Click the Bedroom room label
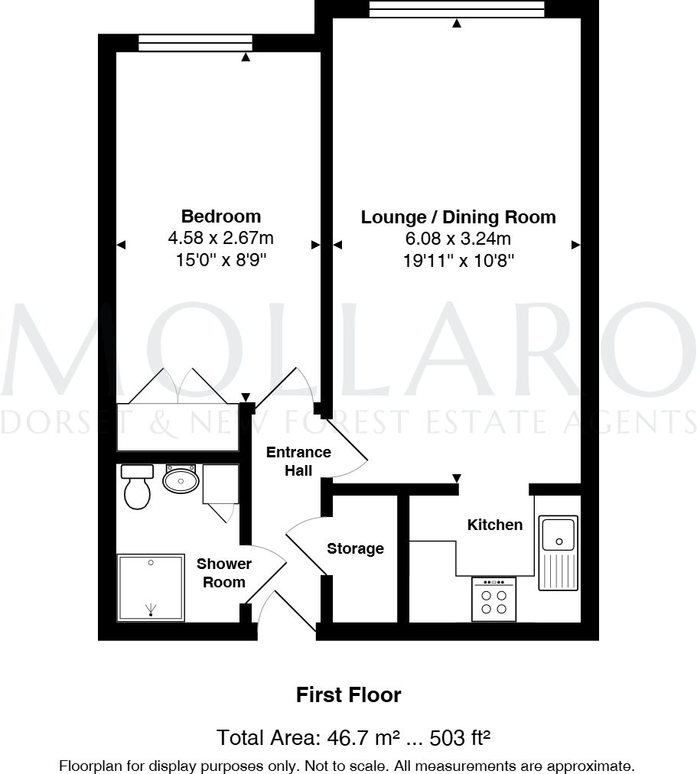pyautogui.click(x=220, y=216)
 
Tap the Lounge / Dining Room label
pyautogui.click(x=458, y=217)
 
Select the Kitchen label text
pyautogui.click(x=495, y=525)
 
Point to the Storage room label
pyautogui.click(x=355, y=548)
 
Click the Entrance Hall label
pyautogui.click(x=298, y=461)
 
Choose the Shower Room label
pyautogui.click(x=223, y=573)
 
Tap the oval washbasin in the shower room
pyautogui.click(x=181, y=480)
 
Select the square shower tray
pyautogui.click(x=151, y=587)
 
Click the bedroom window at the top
pyautogui.click(x=195, y=44)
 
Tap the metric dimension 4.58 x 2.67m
pyautogui.click(x=220, y=239)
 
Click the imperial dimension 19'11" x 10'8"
pyautogui.click(x=458, y=261)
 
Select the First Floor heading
pyautogui.click(x=348, y=695)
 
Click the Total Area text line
pyautogui.click(x=353, y=738)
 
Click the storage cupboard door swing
pyautogui.click(x=305, y=539)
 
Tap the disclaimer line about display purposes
pyautogui.click(x=347, y=765)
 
